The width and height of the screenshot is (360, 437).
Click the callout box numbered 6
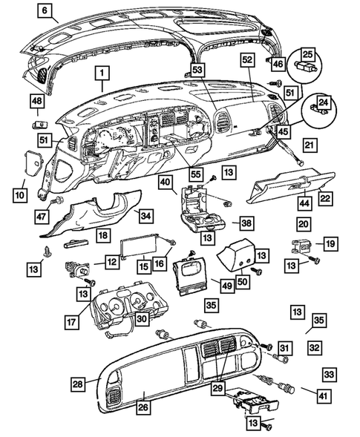coord(45,11)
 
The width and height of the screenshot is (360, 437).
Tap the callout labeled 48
coord(36,101)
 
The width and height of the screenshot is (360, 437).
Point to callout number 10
coord(19,194)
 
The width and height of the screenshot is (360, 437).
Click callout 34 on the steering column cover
coord(145,216)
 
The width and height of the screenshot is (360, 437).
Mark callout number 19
coord(330,243)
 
